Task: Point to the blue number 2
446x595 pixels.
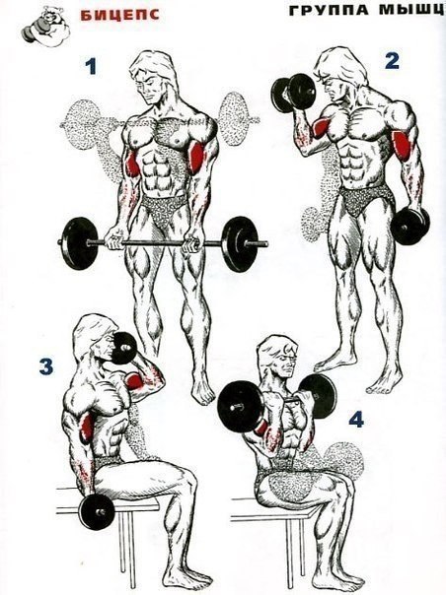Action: pyautogui.click(x=392, y=61)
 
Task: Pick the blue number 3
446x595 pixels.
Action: pyautogui.click(x=45, y=367)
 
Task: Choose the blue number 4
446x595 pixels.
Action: pyautogui.click(x=355, y=418)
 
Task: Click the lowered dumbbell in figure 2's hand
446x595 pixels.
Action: pyautogui.click(x=409, y=225)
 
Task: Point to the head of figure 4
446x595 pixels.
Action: pyautogui.click(x=275, y=363)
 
